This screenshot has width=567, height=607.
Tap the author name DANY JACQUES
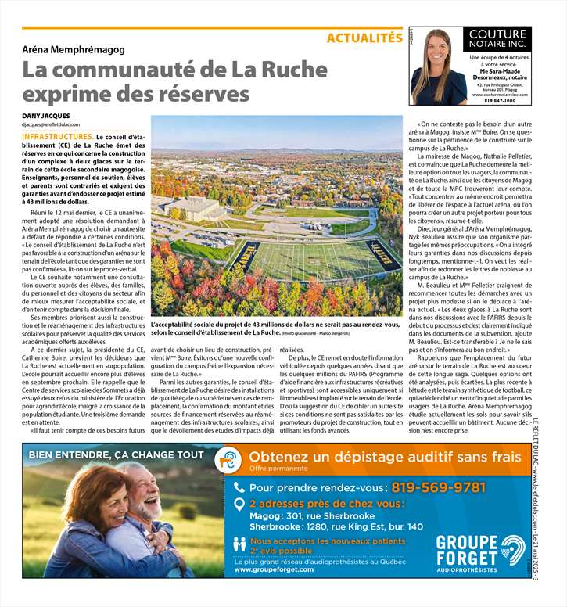tap(49, 116)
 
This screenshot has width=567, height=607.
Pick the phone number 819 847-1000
tap(499, 101)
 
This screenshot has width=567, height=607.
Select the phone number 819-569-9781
tap(438, 487)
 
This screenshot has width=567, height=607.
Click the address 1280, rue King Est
tap(367, 527)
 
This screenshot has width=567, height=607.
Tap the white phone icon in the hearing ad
tap(239, 487)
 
